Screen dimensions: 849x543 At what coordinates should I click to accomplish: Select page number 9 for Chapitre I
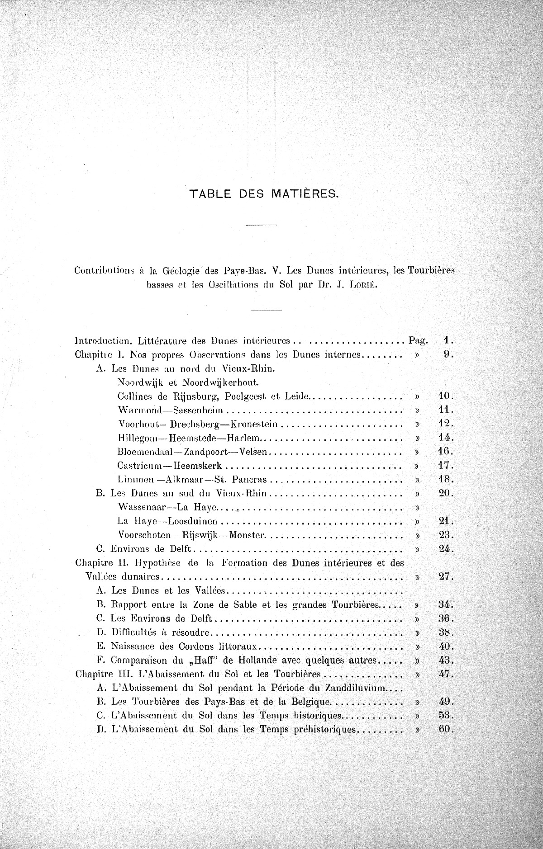[448, 354]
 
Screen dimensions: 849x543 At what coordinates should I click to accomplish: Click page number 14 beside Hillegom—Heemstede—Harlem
[445, 438]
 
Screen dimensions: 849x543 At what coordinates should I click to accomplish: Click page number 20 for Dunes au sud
[445, 493]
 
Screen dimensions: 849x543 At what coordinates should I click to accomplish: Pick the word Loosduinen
[193, 521]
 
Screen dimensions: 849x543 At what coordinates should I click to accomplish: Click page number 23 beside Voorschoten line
[445, 535]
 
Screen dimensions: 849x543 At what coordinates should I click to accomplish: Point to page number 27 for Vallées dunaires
[445, 577]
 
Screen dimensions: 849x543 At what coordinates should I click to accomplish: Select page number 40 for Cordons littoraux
[445, 646]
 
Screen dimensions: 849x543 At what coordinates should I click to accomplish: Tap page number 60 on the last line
[445, 729]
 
